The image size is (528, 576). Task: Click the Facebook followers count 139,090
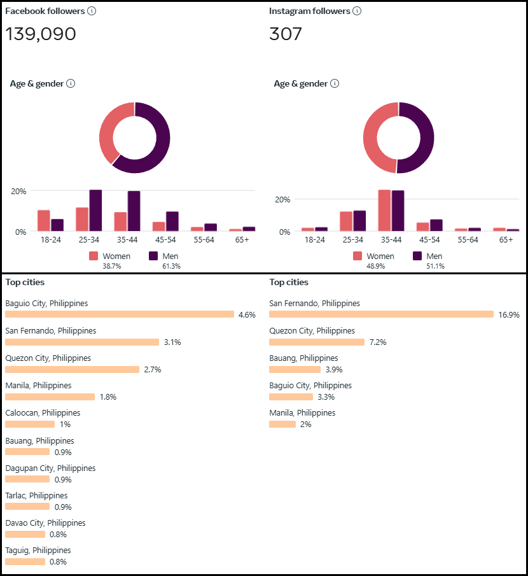click(x=41, y=34)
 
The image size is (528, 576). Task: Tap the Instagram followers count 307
click(x=286, y=34)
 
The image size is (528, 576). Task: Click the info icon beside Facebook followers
click(x=92, y=11)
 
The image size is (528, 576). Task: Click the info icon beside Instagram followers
click(x=357, y=11)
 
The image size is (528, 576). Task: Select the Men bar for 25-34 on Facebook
click(x=95, y=210)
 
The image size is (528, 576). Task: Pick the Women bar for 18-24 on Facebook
click(x=44, y=220)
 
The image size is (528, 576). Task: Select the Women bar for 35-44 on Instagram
click(x=384, y=210)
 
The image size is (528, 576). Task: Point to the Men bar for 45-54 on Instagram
click(x=436, y=225)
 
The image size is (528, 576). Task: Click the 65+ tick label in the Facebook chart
click(x=242, y=240)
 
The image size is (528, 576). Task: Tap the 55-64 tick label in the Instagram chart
click(x=468, y=240)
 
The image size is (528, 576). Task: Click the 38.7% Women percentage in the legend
click(x=113, y=266)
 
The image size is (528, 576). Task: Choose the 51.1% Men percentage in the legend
click(x=435, y=266)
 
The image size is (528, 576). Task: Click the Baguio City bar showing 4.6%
click(x=120, y=314)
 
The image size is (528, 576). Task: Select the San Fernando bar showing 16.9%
click(x=381, y=314)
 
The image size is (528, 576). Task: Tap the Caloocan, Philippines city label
click(x=43, y=412)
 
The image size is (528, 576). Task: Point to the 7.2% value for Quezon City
click(x=378, y=342)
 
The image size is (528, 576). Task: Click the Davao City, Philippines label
click(x=45, y=523)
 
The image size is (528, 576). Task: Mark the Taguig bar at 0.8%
click(x=25, y=562)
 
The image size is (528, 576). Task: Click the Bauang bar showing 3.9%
click(x=295, y=369)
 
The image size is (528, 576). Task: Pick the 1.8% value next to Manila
click(x=108, y=397)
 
